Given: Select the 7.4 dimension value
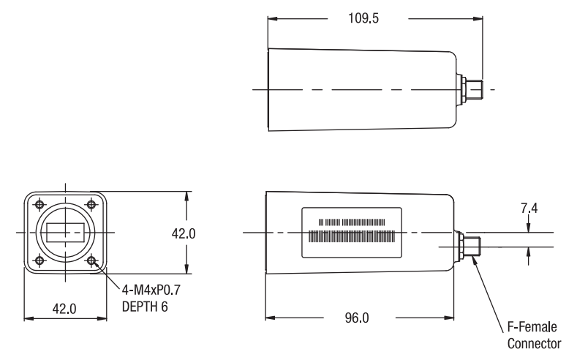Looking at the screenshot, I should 528,210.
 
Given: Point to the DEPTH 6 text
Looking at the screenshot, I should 144,307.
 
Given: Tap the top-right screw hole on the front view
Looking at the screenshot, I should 91,205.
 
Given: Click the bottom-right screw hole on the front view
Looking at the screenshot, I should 91,260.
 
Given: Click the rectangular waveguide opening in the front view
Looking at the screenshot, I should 64,233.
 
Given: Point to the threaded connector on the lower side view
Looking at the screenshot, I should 473,245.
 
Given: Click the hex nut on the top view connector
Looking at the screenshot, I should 464,90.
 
